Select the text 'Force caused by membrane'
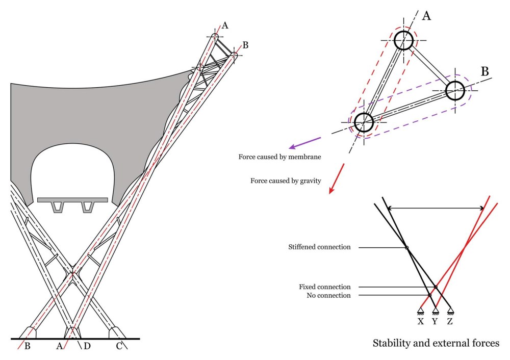click(x=279, y=157)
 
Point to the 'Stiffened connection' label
click(x=319, y=247)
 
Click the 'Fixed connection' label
click(x=325, y=287)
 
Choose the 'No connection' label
click(x=328, y=296)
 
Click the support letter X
click(x=421, y=322)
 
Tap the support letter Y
click(x=435, y=322)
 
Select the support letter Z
click(x=450, y=322)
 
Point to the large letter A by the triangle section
click(x=426, y=16)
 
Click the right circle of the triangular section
click(x=455, y=91)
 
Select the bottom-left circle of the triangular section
click(x=364, y=122)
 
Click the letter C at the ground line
click(x=119, y=347)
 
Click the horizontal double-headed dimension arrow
click(x=436, y=208)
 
